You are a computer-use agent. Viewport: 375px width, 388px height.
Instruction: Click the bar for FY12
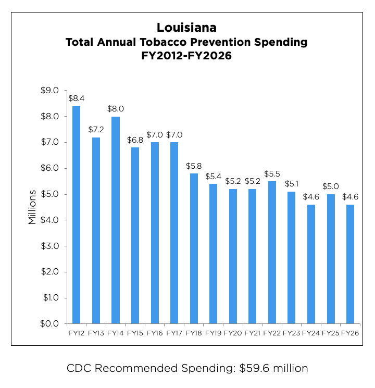tap(76, 215)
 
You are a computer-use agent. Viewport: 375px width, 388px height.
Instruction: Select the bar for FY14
tap(115, 220)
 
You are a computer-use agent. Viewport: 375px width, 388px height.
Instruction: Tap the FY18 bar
tap(194, 248)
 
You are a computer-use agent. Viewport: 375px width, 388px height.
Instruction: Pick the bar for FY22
tap(272, 252)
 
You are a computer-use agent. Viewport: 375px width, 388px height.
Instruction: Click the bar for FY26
tap(350, 264)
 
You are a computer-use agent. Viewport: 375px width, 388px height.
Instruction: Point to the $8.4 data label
tap(76, 97)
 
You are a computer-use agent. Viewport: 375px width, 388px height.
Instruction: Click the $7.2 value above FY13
tap(96, 129)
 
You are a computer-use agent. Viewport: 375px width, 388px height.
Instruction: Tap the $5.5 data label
tap(272, 173)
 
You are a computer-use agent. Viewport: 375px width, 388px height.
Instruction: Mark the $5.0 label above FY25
tap(330, 186)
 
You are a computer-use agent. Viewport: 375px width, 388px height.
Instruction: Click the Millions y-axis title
tap(32, 207)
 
